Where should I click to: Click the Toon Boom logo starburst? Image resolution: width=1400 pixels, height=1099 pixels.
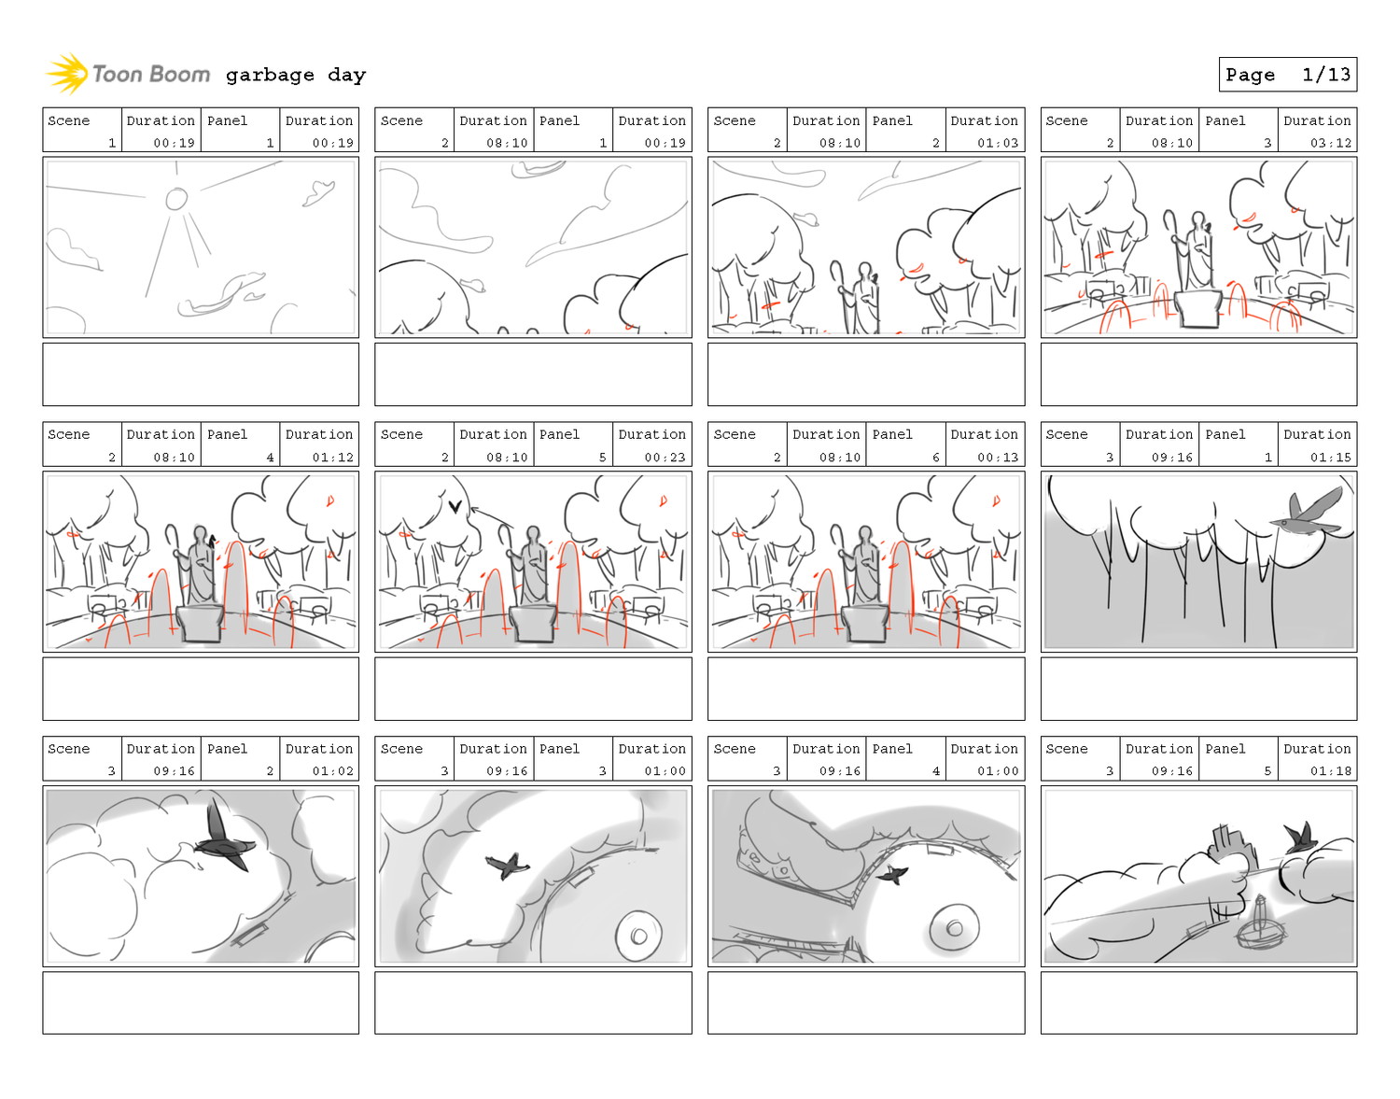pyautogui.click(x=67, y=74)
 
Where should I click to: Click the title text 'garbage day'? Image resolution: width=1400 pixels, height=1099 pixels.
pyautogui.click(x=295, y=75)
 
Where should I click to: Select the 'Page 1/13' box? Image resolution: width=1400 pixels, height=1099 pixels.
pyautogui.click(x=1287, y=74)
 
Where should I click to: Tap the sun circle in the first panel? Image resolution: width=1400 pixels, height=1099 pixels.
pyautogui.click(x=175, y=199)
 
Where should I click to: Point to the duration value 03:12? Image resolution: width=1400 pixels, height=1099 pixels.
pyautogui.click(x=1329, y=143)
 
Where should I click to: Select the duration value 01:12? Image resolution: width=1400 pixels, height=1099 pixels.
pyautogui.click(x=332, y=457)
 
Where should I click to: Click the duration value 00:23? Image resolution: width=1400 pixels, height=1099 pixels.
pyautogui.click(x=665, y=457)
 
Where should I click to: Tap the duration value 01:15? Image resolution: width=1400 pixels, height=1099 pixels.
pyautogui.click(x=1329, y=457)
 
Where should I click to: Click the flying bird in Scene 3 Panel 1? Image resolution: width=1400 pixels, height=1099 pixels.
pyautogui.click(x=1306, y=513)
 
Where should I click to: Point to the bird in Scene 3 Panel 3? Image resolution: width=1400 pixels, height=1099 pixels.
pyautogui.click(x=507, y=865)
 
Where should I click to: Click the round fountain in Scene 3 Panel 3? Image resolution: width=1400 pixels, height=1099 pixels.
pyautogui.click(x=637, y=935)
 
